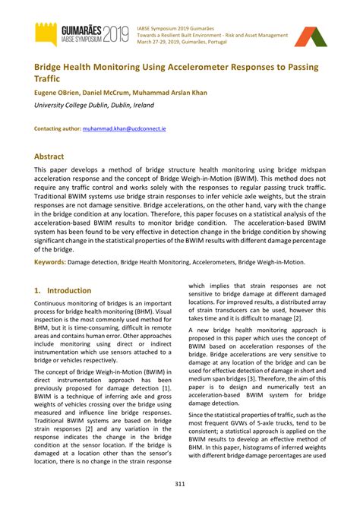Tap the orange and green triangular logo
(308, 36)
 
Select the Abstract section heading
(49, 156)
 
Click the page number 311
(180, 484)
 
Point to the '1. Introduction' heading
(63, 290)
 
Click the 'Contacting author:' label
(58, 130)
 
